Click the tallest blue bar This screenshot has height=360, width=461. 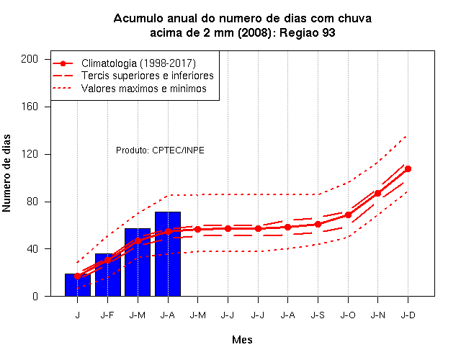coord(168,254)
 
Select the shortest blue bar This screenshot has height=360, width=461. coord(78,285)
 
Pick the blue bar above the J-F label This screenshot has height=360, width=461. coord(108,275)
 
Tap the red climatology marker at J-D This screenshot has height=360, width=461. coord(408,169)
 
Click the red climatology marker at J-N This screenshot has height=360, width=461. coord(377,194)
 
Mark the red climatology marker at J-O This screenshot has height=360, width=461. coord(348,215)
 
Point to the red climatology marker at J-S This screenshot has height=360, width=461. coord(318,224)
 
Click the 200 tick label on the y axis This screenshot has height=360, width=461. coord(30,59)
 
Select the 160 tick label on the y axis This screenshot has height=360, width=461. coord(30,107)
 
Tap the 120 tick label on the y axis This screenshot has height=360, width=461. coord(30,154)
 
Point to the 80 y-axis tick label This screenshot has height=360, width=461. coord(32,202)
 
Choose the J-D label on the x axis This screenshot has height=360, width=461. coord(408,315)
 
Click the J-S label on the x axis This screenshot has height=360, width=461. coord(318,315)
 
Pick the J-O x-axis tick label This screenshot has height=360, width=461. coord(348,315)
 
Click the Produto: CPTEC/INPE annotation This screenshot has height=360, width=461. coord(160,150)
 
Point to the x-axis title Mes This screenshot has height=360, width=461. coord(242,340)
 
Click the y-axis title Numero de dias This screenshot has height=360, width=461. coord(6,174)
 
